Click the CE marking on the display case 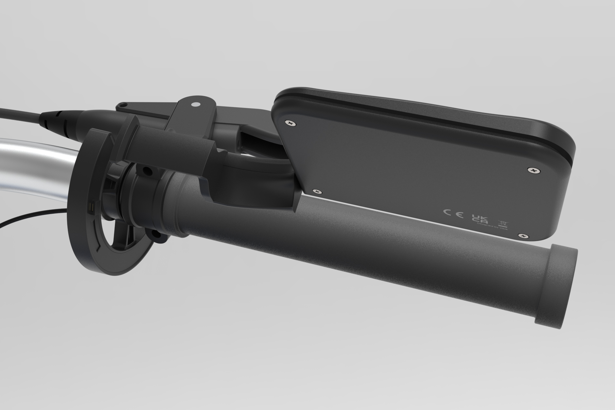point(453,214)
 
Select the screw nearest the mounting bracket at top point(291,123)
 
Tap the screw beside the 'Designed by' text point(522,236)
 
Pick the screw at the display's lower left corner point(317,191)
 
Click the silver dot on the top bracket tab point(194,104)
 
